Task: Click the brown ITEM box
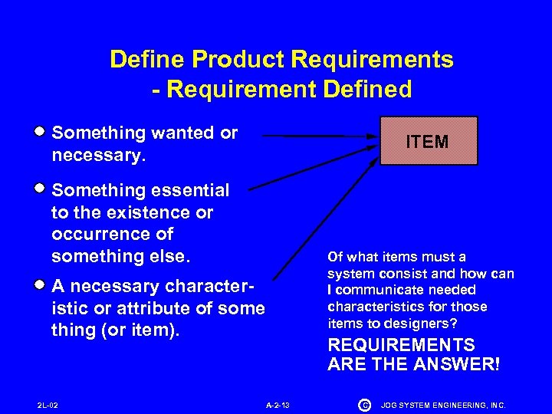tap(429, 141)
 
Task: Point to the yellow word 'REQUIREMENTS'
tap(401, 345)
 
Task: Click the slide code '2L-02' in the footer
tap(48, 403)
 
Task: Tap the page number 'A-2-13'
tap(278, 403)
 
